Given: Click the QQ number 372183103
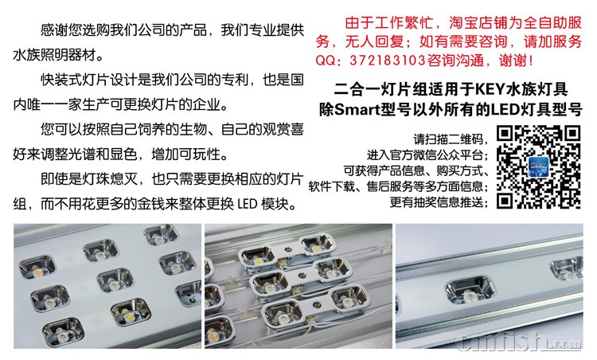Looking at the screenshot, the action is (x=387, y=61).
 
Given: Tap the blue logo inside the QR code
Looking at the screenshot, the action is (x=538, y=167).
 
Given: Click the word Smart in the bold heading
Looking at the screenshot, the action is (x=357, y=110).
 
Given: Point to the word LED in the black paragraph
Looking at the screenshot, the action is (x=248, y=204).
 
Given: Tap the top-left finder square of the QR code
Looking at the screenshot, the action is (x=505, y=134).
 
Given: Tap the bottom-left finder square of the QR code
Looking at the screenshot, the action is (x=505, y=201).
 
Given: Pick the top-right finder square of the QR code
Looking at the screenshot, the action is (x=572, y=134).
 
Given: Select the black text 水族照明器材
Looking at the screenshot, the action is (x=53, y=55).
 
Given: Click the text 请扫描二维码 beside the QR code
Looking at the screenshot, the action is (x=448, y=139).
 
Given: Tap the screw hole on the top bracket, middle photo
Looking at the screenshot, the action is (x=288, y=250).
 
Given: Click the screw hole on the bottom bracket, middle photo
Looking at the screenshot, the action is (x=316, y=304).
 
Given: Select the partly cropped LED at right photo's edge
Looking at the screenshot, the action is (x=567, y=270).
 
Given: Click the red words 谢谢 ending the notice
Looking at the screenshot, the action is (x=513, y=61).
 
